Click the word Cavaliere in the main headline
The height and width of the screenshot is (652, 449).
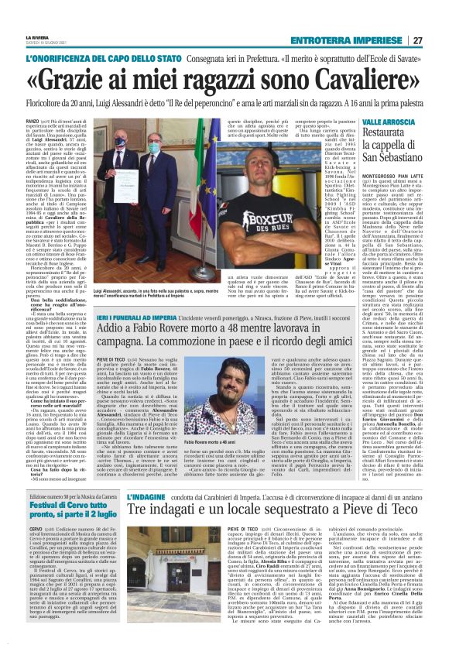tap(345, 79)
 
